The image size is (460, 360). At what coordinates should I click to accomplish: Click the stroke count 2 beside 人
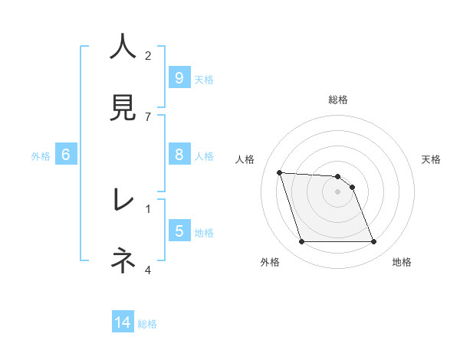pyautogui.click(x=148, y=55)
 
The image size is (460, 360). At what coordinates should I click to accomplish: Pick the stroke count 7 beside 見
pyautogui.click(x=148, y=116)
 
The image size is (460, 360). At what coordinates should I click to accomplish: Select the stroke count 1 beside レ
pyautogui.click(x=148, y=208)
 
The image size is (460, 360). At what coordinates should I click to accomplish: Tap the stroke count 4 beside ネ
pyautogui.click(x=148, y=269)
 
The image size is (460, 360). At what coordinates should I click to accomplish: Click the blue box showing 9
pyautogui.click(x=179, y=78)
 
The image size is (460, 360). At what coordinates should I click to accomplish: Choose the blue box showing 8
pyautogui.click(x=179, y=155)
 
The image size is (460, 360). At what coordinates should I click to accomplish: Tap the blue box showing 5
pyautogui.click(x=179, y=231)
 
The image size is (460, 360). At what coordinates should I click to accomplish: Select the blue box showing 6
pyautogui.click(x=65, y=155)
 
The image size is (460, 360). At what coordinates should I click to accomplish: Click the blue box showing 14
pyautogui.click(x=123, y=322)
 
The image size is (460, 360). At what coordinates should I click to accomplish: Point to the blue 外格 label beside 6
pyautogui.click(x=41, y=156)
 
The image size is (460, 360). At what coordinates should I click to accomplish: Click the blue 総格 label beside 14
pyautogui.click(x=147, y=324)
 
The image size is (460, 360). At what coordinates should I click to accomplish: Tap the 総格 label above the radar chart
pyautogui.click(x=338, y=100)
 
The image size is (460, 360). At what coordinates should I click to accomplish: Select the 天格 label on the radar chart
pyautogui.click(x=431, y=159)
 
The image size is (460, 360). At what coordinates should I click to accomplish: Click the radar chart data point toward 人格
pyautogui.click(x=280, y=172)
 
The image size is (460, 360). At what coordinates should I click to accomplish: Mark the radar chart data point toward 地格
pyautogui.click(x=374, y=242)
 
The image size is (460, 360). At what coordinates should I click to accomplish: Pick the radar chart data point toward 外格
pyautogui.click(x=301, y=242)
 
